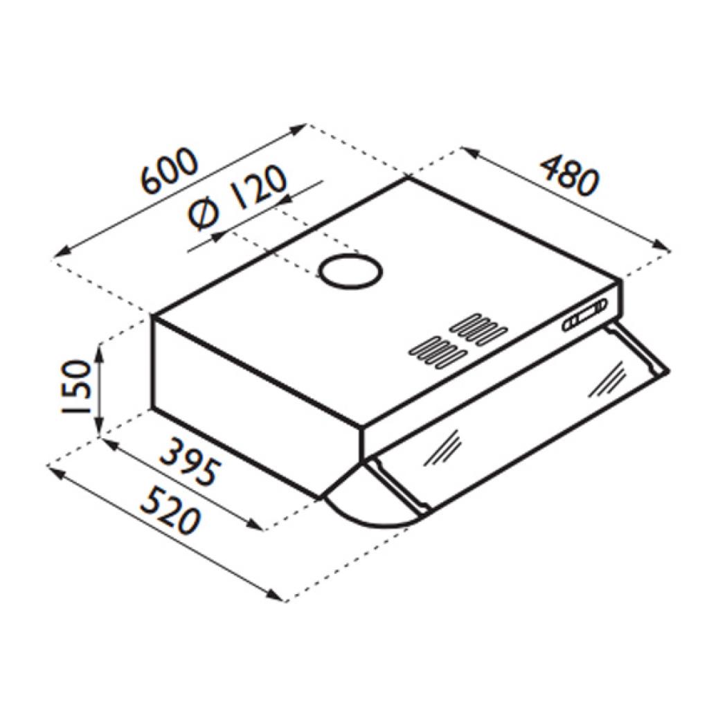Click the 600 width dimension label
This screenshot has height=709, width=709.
click(x=170, y=170)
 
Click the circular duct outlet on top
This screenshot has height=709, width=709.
click(x=350, y=271)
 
